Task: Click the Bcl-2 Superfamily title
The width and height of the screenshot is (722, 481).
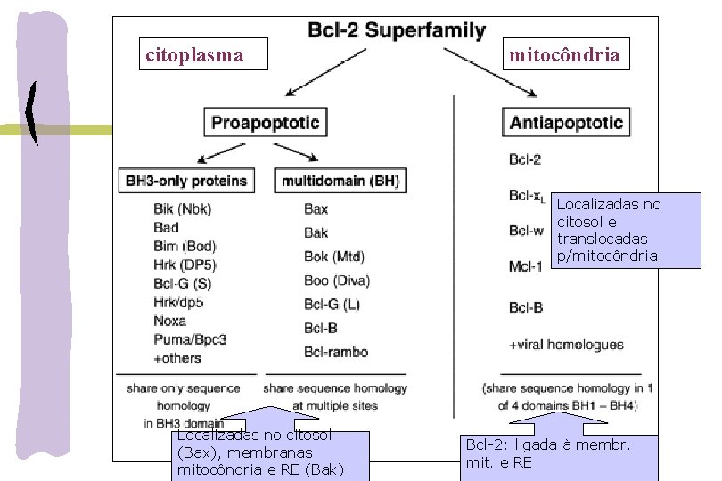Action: [397, 32]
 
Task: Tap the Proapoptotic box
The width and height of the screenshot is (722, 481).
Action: [265, 122]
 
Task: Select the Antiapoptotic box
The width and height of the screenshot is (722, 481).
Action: [566, 122]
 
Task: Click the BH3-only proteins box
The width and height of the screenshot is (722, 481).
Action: [185, 181]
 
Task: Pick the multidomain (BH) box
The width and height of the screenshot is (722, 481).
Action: [340, 181]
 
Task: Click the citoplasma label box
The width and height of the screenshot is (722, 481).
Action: [194, 55]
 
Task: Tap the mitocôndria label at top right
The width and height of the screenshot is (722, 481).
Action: [564, 55]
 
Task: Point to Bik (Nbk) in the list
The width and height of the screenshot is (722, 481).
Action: [182, 209]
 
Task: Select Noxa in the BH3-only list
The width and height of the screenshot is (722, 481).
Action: [169, 321]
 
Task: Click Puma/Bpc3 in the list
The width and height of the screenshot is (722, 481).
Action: [190, 339]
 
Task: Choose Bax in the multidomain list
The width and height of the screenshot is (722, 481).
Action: [316, 209]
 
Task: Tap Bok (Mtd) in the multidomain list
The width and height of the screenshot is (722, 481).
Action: [334, 257]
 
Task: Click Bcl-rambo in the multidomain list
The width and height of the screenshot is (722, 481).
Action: [336, 352]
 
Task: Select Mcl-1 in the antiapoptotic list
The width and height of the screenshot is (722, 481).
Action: [525, 265]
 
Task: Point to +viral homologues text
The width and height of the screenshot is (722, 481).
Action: [566, 345]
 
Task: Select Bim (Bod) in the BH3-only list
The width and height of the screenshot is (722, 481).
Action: [185, 246]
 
